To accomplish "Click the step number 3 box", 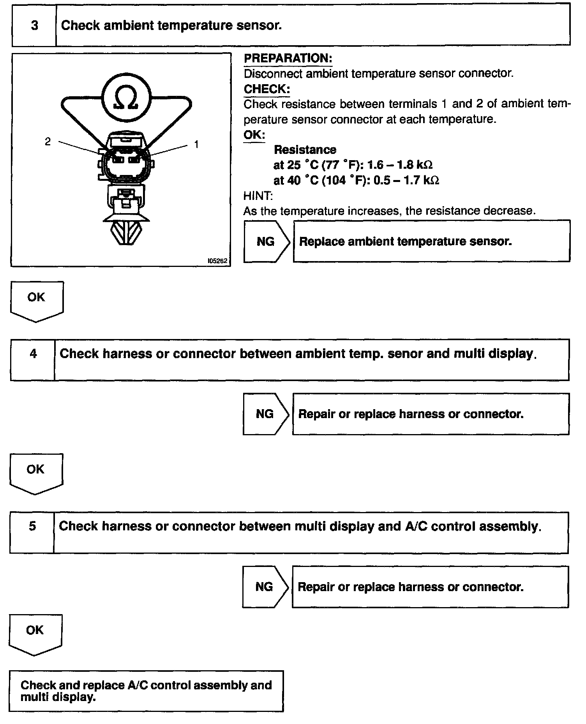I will tap(34, 26).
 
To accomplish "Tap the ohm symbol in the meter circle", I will tap(126, 98).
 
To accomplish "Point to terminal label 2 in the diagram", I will tap(48, 141).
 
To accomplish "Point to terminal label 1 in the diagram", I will tap(196, 145).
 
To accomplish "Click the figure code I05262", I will tap(217, 261).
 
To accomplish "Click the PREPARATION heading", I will tap(288, 58).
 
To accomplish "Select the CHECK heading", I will tap(267, 89).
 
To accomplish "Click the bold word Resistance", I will tap(305, 150).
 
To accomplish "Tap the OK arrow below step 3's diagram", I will tap(36, 299).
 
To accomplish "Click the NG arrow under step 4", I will tap(265, 414).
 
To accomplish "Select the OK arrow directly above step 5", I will tap(35, 471).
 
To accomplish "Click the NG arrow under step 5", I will tap(265, 587).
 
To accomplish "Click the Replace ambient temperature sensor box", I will tap(431, 242).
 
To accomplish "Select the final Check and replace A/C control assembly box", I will tap(146, 691).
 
